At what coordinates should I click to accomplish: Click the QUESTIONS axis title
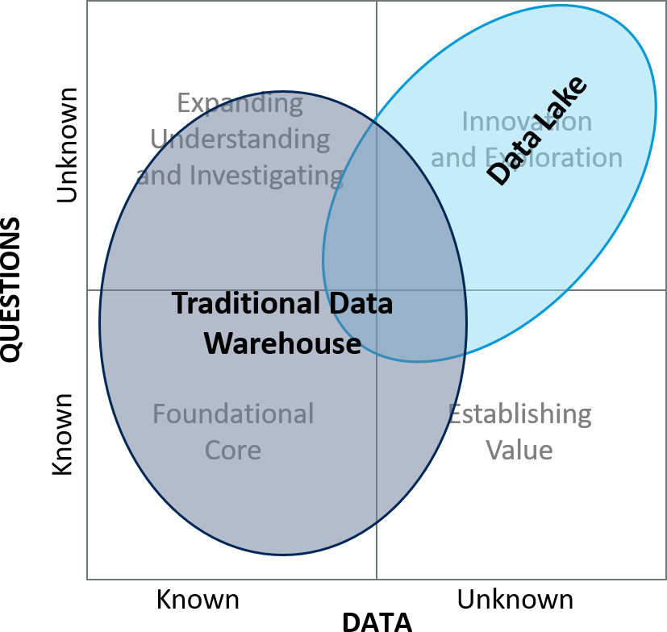pos(10,289)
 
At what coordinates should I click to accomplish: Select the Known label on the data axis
pos(198,599)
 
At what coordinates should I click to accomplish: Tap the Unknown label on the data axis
pos(515,599)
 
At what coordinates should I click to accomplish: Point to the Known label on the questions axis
pos(63,434)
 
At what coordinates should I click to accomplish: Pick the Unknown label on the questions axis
pos(67,145)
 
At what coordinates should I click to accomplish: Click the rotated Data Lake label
pos(537,131)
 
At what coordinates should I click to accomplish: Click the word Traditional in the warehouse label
pos(246,303)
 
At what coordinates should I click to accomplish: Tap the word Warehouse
pos(282,343)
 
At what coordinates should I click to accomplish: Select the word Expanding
pos(240,104)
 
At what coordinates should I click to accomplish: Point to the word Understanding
pos(240,139)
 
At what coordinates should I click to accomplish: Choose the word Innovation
pos(527,122)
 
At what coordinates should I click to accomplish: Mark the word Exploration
pos(554,158)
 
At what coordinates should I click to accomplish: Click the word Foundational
pos(233,414)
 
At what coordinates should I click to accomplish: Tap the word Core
pos(233,450)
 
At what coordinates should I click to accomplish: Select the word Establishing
pos(520,414)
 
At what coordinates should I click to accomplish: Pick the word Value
pos(519,450)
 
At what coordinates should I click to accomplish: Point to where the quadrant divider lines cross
pos(377,290)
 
